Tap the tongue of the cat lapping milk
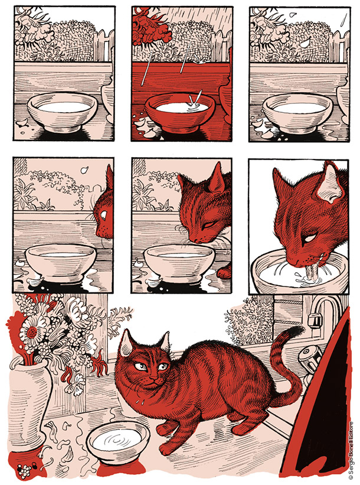tap(310, 272)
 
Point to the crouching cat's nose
tap(152, 378)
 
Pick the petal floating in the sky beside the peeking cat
tap(84, 170)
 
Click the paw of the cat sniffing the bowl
tap(224, 273)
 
